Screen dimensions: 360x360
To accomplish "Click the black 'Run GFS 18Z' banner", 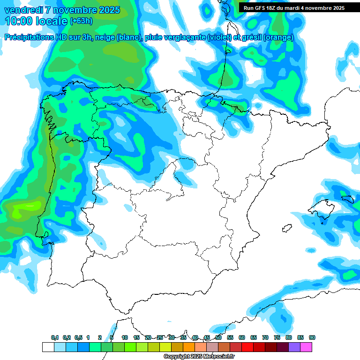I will point(293,8).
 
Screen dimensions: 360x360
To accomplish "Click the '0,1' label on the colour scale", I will point(55,337).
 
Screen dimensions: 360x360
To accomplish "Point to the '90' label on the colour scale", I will point(312,337).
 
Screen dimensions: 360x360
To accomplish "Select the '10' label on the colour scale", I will point(125,337).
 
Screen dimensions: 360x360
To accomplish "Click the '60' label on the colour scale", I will point(242,337).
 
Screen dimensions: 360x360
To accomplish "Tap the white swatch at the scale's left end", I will point(48,347).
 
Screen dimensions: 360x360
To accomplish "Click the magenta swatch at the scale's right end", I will point(306,347).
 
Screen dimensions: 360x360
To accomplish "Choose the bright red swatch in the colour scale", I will point(247,347).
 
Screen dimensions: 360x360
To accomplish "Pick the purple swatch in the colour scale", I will point(294,347).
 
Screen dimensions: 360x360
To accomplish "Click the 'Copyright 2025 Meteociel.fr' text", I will point(199,357).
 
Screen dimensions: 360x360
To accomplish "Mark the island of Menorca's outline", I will point(347,199).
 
